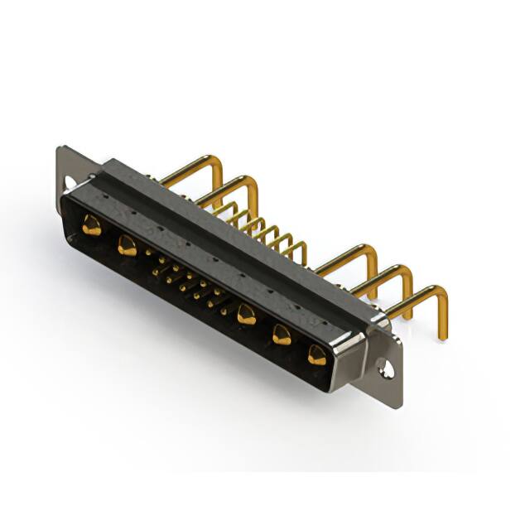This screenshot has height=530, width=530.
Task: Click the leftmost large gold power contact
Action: (92, 224)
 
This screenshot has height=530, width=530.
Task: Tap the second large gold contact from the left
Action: (128, 245)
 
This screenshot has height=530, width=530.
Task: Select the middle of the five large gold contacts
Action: (245, 314)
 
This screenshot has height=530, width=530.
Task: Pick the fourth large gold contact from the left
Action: (282, 335)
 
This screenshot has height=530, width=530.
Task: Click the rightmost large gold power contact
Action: (317, 355)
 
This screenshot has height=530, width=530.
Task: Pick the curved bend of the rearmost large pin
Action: (217, 163)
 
